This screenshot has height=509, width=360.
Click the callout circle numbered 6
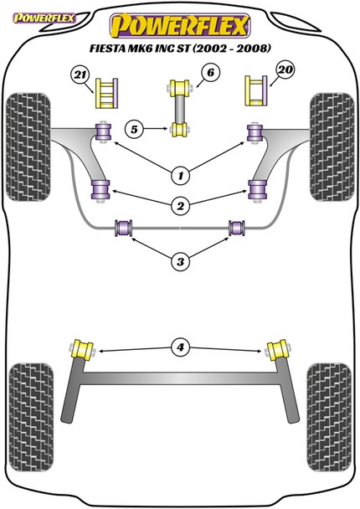click(209, 74)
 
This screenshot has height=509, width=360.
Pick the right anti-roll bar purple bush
click(237, 226)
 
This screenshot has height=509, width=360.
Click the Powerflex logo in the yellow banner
click(179, 20)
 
